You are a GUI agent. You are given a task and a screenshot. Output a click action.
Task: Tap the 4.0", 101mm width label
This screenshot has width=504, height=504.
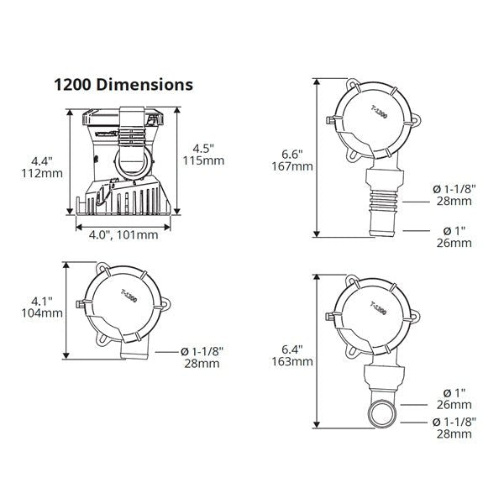click(124, 235)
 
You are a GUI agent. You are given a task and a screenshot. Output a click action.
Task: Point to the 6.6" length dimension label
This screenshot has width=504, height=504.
click(290, 154)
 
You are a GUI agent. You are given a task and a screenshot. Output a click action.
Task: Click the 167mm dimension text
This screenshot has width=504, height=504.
click(294, 166)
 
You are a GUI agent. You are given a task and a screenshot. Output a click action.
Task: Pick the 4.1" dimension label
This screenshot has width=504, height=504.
click(39, 300)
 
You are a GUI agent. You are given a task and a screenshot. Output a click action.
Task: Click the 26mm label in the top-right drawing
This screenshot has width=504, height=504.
click(454, 243)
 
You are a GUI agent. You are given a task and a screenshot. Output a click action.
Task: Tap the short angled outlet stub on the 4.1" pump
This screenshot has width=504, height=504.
click(134, 354)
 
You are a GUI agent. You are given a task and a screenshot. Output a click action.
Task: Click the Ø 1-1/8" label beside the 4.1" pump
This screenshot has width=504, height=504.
click(202, 351)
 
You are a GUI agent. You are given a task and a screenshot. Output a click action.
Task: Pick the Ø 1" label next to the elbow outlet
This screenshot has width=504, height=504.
click(454, 392)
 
